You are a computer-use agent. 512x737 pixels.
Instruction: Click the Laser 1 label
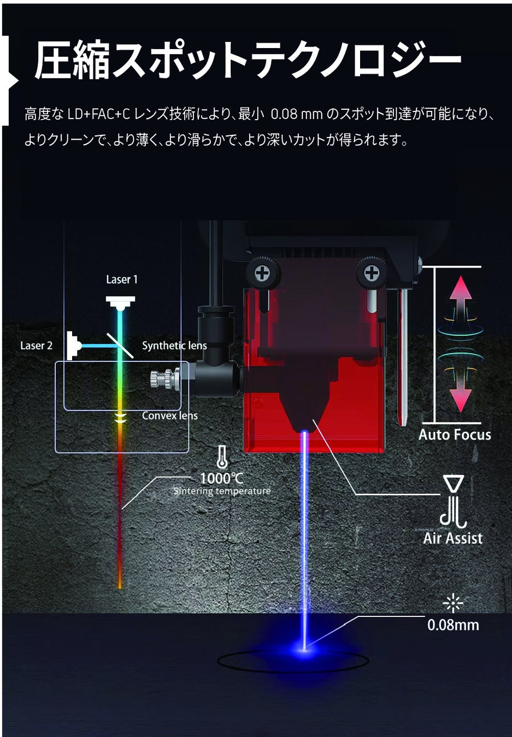122,280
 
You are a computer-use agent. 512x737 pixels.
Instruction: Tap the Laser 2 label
36,346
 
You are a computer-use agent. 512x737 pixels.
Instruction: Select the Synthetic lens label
174,346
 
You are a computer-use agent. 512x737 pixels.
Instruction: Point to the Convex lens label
169,415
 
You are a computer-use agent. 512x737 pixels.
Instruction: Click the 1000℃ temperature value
221,478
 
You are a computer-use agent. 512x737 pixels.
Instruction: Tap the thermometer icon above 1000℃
221,456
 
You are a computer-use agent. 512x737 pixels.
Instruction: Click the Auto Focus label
455,435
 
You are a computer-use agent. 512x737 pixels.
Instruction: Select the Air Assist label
453,538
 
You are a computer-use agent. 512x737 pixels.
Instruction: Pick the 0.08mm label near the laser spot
453,625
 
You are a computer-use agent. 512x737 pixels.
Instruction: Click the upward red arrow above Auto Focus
461,298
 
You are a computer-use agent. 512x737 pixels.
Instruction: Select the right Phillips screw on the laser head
372,272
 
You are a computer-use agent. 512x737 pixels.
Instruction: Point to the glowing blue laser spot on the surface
304,649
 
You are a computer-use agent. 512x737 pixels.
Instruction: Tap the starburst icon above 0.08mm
452,603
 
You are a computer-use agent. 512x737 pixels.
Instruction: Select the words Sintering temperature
222,491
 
